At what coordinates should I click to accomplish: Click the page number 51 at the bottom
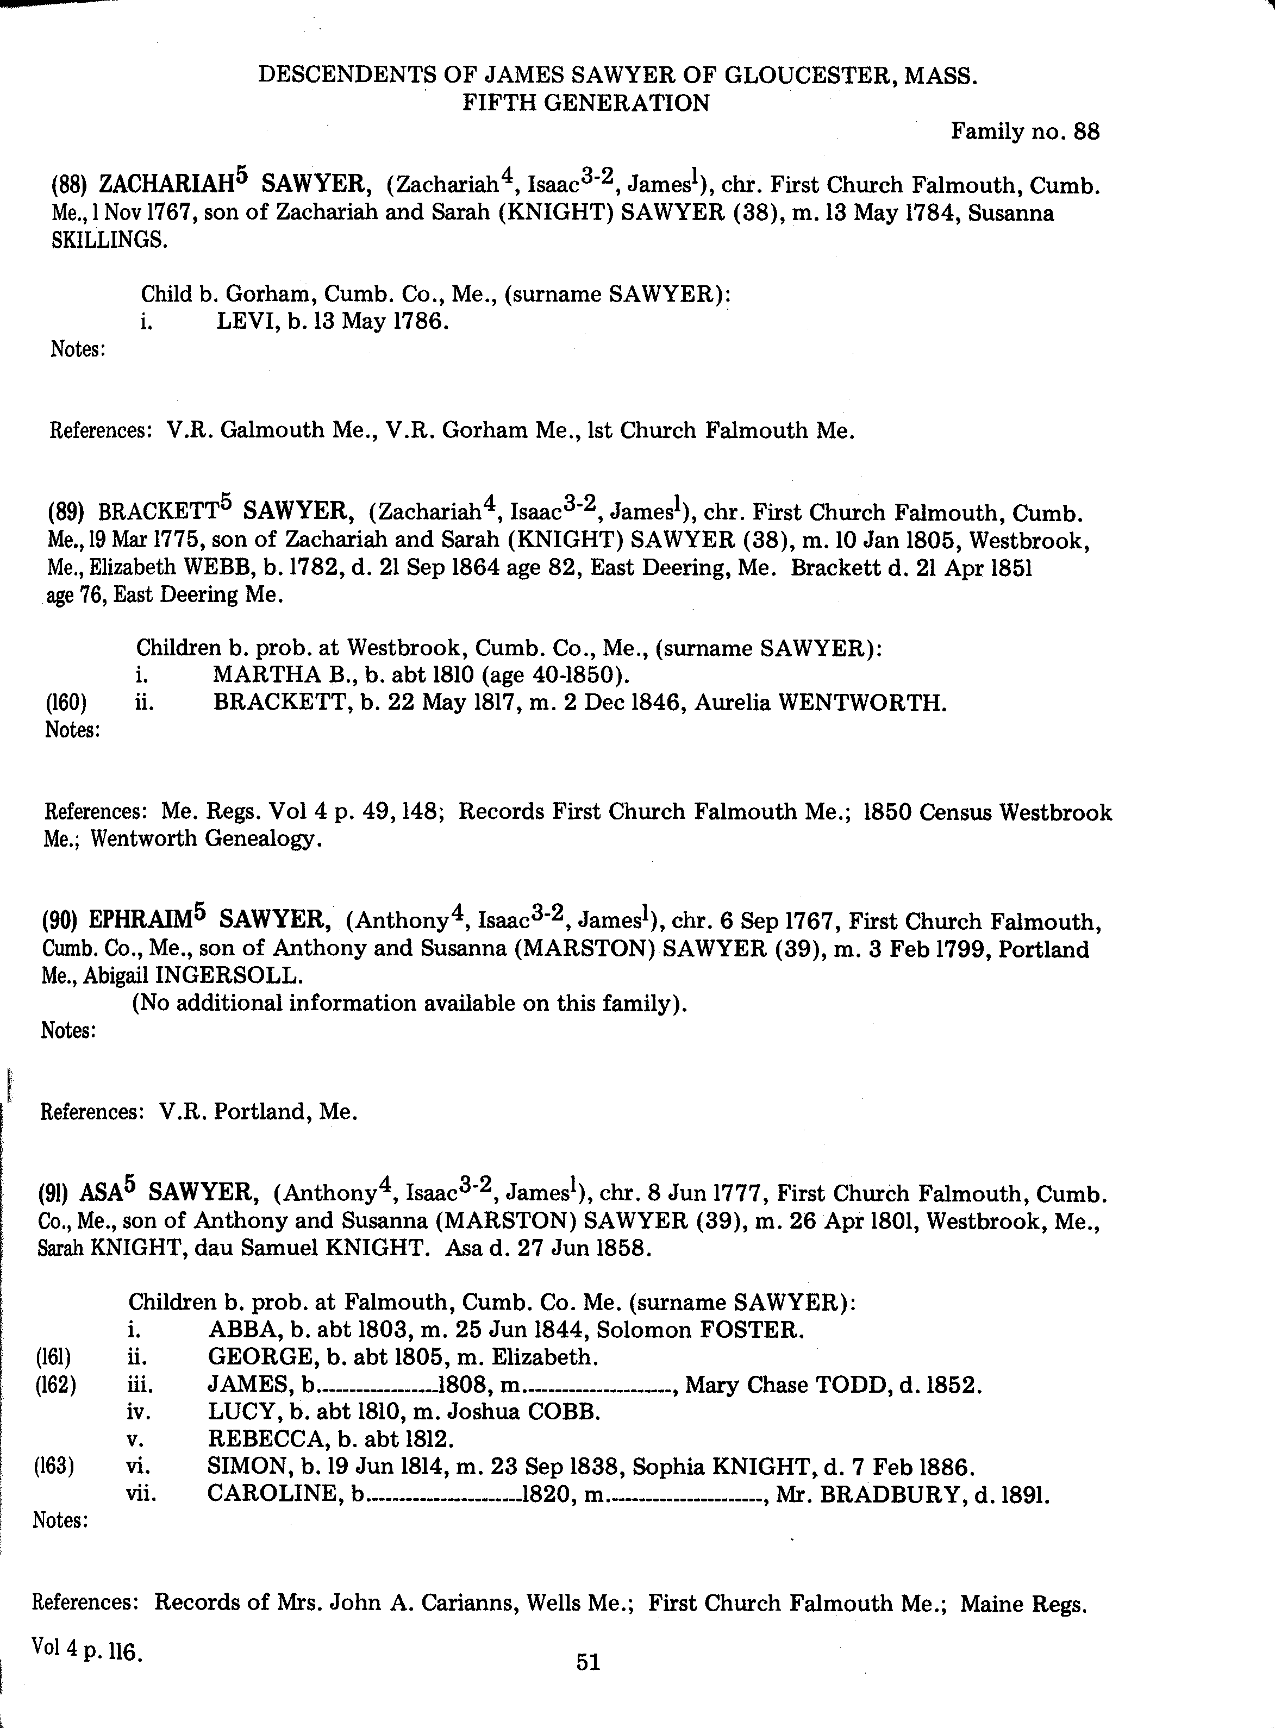point(588,1662)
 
